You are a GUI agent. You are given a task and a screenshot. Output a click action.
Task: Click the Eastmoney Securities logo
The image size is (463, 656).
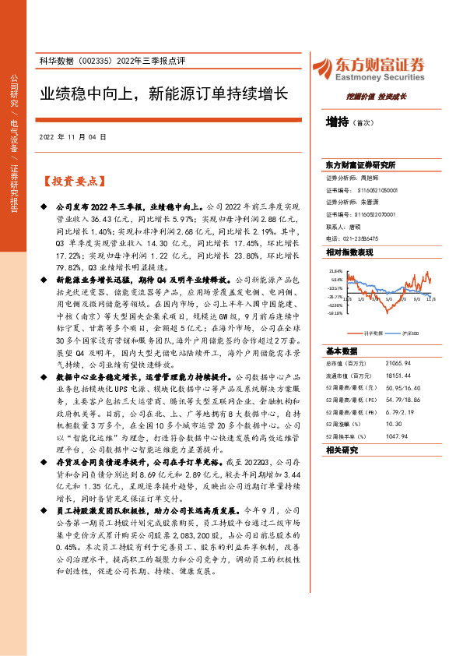click(367, 69)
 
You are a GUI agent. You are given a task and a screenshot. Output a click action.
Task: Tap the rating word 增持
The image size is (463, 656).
click(337, 122)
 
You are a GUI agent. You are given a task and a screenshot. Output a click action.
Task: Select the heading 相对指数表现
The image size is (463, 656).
click(349, 252)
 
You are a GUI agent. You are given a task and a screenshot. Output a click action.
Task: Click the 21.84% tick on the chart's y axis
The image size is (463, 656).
click(335, 270)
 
